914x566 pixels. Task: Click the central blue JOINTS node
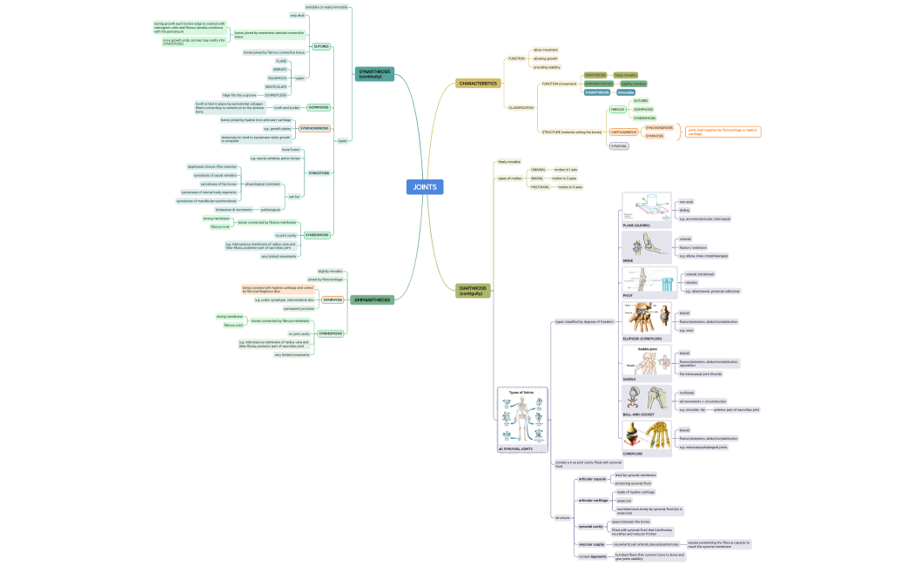click(425, 186)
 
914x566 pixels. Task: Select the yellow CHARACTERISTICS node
click(478, 84)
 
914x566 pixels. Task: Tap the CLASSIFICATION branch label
click(521, 108)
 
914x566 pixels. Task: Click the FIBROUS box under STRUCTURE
click(617, 110)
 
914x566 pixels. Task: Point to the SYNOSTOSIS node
click(319, 172)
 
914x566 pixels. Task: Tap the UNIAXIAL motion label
click(514, 170)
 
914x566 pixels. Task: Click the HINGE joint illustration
click(646, 246)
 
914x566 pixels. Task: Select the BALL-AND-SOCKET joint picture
click(646, 401)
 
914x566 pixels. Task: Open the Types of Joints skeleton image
click(522, 417)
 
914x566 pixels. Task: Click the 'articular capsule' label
click(592, 479)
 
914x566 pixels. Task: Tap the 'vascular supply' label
click(591, 544)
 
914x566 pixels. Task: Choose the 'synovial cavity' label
click(591, 526)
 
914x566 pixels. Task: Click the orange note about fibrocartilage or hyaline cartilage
click(723, 131)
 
